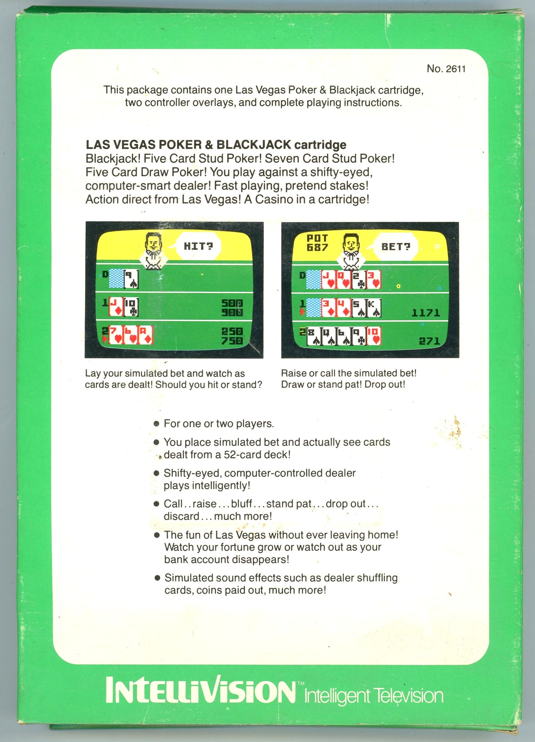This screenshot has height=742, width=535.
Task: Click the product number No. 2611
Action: (x=446, y=69)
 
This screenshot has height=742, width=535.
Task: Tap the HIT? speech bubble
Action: (x=198, y=246)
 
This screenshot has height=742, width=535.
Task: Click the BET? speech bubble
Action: (x=396, y=246)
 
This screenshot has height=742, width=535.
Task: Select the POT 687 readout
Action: (x=317, y=242)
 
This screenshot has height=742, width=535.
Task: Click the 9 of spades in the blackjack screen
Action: (x=131, y=279)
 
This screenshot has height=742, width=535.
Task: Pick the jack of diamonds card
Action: (x=116, y=307)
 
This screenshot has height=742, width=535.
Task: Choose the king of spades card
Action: (x=374, y=308)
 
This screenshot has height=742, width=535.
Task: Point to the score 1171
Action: (x=426, y=313)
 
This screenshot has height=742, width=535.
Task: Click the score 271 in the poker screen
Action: (x=429, y=341)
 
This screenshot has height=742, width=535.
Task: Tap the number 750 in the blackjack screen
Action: (x=232, y=341)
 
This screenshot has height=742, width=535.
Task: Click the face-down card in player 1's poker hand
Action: (x=314, y=308)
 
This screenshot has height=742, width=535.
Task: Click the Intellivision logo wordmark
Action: (x=200, y=690)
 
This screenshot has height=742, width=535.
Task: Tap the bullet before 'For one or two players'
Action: (x=157, y=424)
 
